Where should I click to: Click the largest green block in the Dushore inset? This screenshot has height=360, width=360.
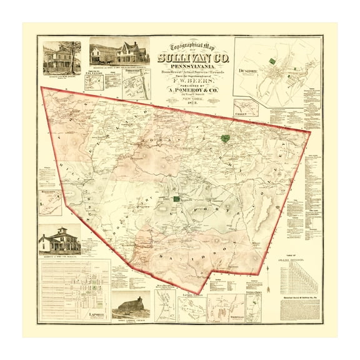[x=272, y=61]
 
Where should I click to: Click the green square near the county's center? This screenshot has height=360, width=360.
[x=177, y=198]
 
